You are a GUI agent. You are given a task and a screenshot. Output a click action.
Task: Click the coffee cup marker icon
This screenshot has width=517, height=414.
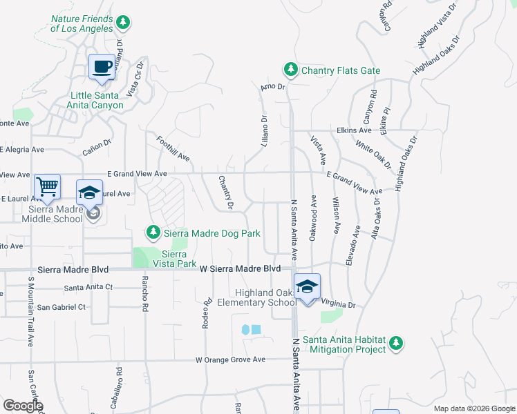(x=102, y=67)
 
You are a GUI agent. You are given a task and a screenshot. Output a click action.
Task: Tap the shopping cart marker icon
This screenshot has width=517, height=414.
(x=47, y=186)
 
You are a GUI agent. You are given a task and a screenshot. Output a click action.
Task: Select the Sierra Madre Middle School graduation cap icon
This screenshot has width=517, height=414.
(x=89, y=193)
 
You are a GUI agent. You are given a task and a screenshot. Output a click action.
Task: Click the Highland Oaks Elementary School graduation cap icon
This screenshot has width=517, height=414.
(x=306, y=286)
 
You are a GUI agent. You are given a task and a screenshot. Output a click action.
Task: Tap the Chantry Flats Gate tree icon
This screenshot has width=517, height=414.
(x=291, y=70)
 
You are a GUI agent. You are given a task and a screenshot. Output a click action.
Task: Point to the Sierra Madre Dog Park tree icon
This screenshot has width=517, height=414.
(x=153, y=233)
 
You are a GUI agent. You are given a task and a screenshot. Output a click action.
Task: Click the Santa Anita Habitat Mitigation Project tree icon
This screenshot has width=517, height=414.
(x=395, y=342)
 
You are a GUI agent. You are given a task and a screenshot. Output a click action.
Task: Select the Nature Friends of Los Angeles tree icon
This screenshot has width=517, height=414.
(x=123, y=23)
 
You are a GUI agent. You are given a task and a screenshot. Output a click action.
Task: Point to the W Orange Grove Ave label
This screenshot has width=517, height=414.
(x=230, y=359)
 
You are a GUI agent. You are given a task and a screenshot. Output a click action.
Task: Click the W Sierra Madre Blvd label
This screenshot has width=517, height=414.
(x=239, y=268)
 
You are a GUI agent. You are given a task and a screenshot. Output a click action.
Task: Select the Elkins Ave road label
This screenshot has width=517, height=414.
(x=355, y=130)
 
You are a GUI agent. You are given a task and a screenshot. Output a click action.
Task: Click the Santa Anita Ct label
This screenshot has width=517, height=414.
(x=88, y=288)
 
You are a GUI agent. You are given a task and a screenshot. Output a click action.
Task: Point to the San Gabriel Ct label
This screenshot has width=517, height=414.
(x=61, y=306)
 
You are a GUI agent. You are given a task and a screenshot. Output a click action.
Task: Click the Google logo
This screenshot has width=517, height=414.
(x=22, y=406)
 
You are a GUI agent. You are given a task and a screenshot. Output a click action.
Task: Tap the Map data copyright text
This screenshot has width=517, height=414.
(x=473, y=408)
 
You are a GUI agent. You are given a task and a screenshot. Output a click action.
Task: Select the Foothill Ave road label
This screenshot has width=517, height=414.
(x=173, y=148)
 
